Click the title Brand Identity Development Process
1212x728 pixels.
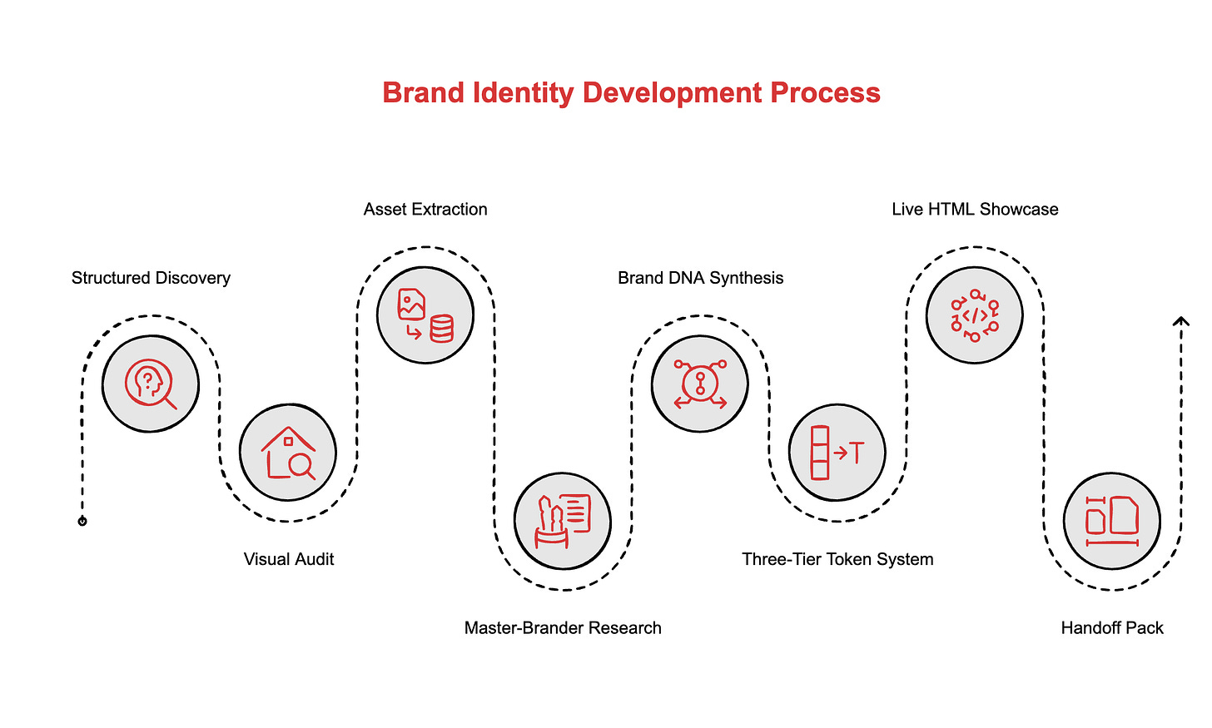click(x=631, y=92)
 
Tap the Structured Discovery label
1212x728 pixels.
click(x=151, y=278)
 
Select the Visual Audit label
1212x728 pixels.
click(x=289, y=559)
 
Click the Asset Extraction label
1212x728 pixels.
click(x=425, y=209)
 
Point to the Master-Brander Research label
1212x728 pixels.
click(x=563, y=628)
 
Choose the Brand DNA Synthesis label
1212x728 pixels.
click(x=700, y=278)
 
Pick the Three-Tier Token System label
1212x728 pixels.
click(x=837, y=559)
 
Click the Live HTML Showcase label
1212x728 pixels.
click(x=975, y=209)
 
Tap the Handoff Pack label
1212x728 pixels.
click(x=1112, y=628)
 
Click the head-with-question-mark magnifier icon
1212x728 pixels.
click(x=151, y=384)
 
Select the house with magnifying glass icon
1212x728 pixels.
click(x=288, y=453)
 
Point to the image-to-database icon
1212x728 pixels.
click(x=425, y=315)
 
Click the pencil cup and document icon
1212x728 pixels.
click(x=563, y=521)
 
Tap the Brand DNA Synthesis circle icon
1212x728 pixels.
click(x=700, y=384)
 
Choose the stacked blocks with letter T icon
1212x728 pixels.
click(x=837, y=453)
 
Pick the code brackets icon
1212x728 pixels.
click(x=975, y=315)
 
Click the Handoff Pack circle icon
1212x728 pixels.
click(x=1112, y=521)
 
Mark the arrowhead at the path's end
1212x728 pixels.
click(x=1180, y=321)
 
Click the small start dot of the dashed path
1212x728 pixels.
click(x=82, y=522)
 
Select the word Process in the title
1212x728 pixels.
click(x=825, y=92)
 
